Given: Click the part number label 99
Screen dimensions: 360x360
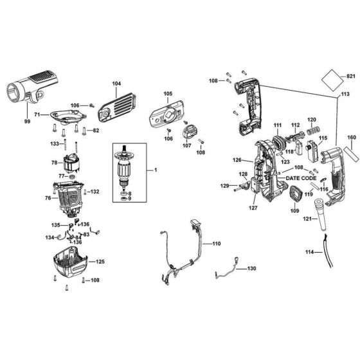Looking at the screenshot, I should click(28, 122).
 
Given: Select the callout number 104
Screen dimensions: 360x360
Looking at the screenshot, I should click(116, 84).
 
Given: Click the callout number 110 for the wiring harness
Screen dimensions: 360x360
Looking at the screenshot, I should click(216, 244).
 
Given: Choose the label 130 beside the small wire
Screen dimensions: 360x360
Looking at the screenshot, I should click(251, 268).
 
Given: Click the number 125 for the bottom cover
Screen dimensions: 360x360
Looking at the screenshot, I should click(100, 262).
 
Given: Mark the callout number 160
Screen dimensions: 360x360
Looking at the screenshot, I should click(351, 137).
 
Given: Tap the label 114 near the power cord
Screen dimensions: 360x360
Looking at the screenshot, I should click(310, 252).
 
